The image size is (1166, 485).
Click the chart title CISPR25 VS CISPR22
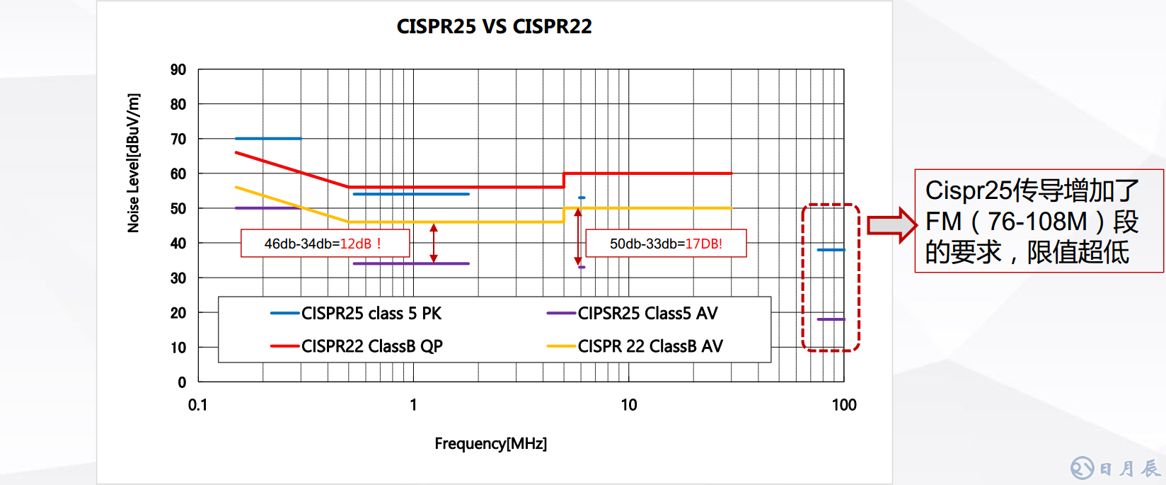click(x=494, y=27)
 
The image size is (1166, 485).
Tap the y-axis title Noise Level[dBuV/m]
click(x=133, y=163)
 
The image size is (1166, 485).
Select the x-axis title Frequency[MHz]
click(x=490, y=444)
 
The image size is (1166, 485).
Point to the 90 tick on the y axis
click(x=178, y=70)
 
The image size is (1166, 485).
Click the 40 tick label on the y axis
click(x=178, y=244)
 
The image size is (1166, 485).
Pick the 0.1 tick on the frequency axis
click(x=198, y=405)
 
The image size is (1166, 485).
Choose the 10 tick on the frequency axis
click(x=628, y=405)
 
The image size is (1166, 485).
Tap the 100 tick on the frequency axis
click(x=844, y=405)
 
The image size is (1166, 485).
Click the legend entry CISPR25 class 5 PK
click(x=371, y=314)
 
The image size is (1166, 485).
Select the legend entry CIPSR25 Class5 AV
click(x=647, y=314)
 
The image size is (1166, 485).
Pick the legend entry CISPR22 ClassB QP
click(x=371, y=346)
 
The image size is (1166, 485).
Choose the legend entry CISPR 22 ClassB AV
click(x=650, y=346)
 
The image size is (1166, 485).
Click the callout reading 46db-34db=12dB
click(x=325, y=244)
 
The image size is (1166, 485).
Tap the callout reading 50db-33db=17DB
click(x=666, y=244)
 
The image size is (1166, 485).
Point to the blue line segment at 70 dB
click(x=268, y=139)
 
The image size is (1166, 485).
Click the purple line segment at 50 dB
click(x=268, y=208)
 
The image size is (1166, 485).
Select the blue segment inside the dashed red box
click(x=831, y=250)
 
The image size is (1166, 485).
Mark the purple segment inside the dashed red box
click(x=831, y=319)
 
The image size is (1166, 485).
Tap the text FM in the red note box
click(x=944, y=222)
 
